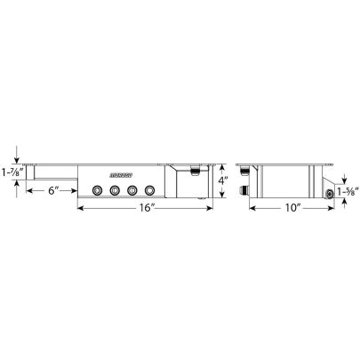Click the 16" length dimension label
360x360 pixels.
148,209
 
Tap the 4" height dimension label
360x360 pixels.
224,188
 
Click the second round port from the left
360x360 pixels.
115,189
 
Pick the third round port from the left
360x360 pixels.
132,189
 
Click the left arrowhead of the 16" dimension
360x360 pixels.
81,209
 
